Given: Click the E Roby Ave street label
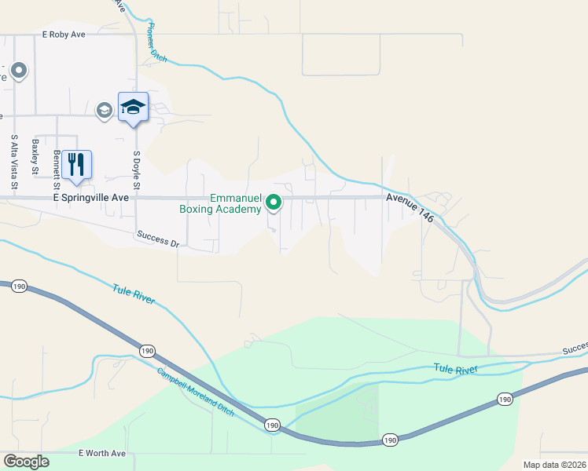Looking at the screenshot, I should click(63, 35).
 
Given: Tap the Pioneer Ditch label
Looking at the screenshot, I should click(154, 42).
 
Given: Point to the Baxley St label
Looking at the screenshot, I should click(35, 156).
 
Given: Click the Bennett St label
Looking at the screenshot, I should click(57, 171).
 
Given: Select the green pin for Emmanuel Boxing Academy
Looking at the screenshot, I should click(274, 203).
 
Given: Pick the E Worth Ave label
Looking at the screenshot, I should click(102, 454).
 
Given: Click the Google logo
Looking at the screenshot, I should click(26, 462).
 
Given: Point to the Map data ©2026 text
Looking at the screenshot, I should click(554, 465).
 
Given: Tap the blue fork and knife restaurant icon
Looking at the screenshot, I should click(76, 164).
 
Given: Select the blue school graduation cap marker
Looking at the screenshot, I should click(133, 107).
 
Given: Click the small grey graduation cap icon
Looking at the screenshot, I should click(104, 110).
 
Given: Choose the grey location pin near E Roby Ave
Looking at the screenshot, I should click(19, 71).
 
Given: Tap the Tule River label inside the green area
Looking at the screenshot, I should click(454, 368).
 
